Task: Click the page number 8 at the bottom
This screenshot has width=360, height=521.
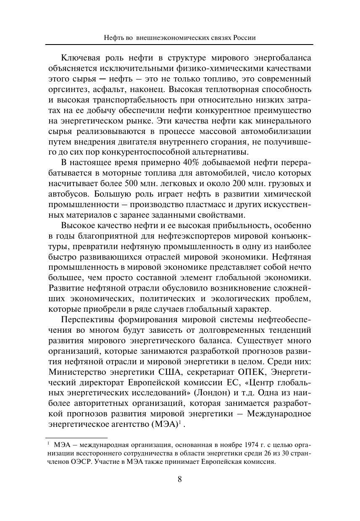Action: pos(180,479)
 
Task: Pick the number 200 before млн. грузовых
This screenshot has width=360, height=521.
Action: pos(251,184)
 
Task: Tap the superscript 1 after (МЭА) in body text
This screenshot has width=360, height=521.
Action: pos(180,422)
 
